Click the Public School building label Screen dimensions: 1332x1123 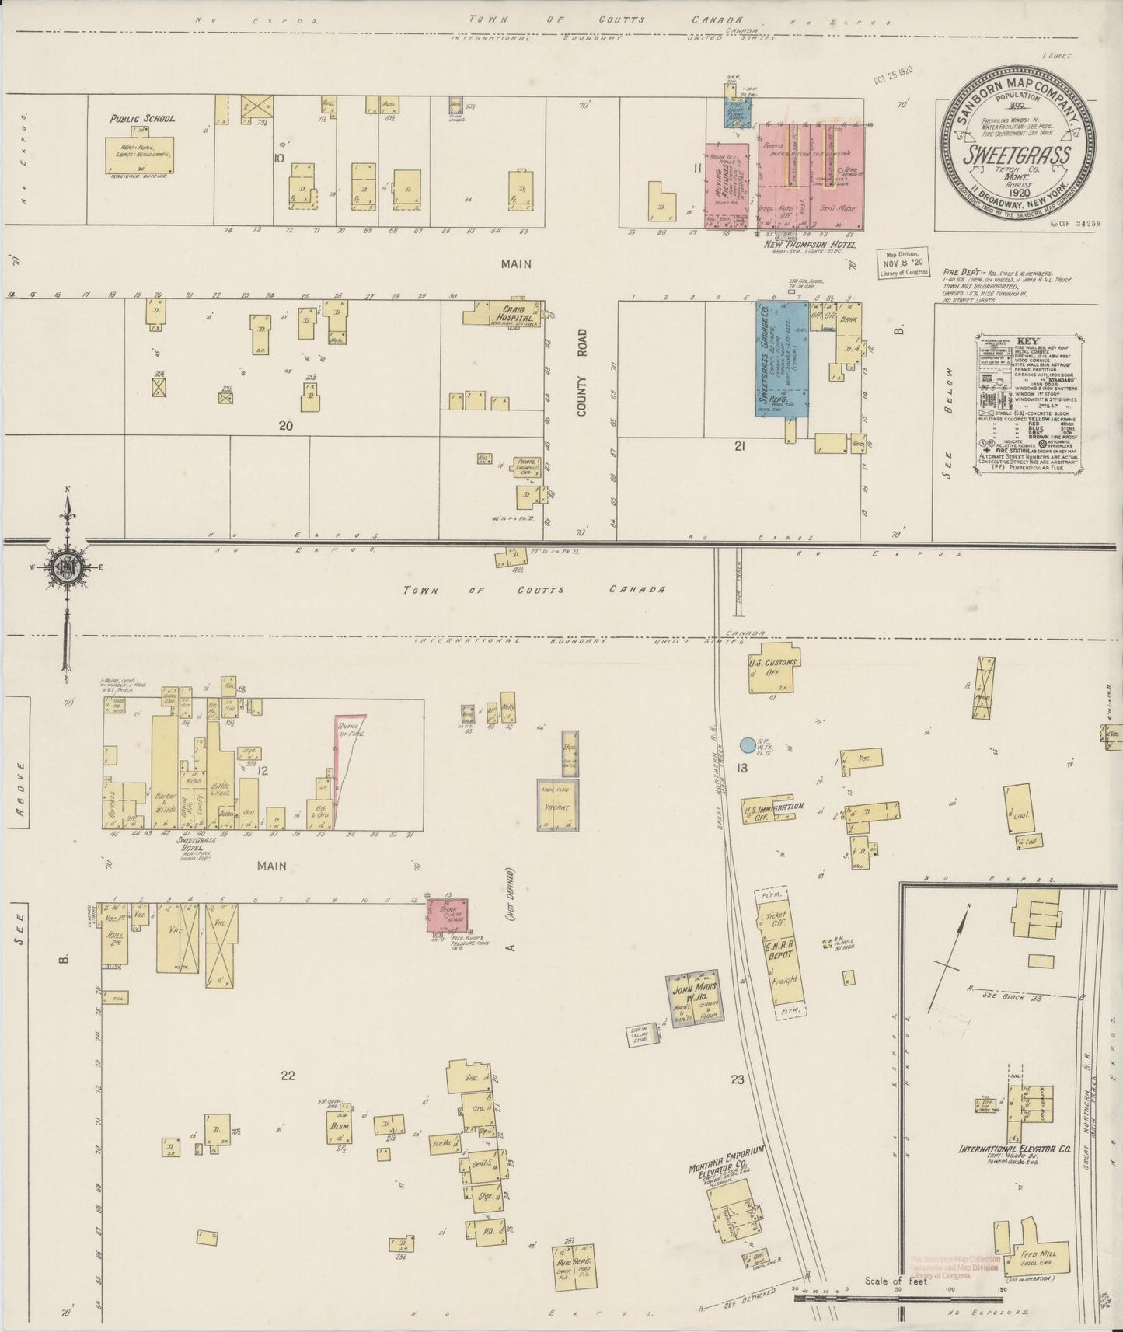tap(142, 119)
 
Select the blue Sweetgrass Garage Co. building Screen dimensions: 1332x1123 tap(782, 359)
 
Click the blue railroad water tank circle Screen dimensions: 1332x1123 tap(748, 745)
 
